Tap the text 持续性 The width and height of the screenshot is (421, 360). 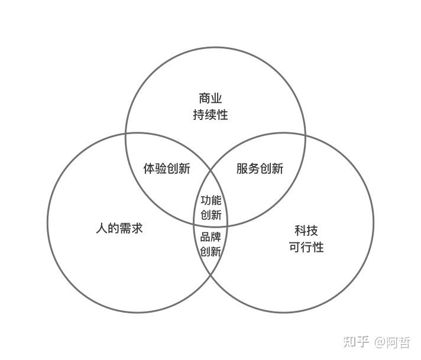[x=210, y=115]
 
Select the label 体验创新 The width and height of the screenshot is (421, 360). [x=167, y=168]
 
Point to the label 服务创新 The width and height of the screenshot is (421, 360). [x=260, y=168]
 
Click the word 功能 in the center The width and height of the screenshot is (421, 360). [x=211, y=200]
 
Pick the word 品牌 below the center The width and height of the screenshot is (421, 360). [x=211, y=237]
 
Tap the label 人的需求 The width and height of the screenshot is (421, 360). [x=119, y=228]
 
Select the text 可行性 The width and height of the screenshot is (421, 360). [x=306, y=247]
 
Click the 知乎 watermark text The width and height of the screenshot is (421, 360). [x=357, y=342]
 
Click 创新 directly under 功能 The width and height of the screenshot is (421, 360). [x=211, y=215]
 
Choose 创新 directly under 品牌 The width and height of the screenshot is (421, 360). [x=211, y=251]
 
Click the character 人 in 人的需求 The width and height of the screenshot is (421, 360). [x=101, y=228]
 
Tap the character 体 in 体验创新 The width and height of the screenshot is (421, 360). [x=149, y=168]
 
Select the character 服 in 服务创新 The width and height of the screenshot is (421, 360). [x=242, y=168]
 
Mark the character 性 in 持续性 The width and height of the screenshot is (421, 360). [x=222, y=115]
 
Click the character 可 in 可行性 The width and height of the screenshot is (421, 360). [x=294, y=247]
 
